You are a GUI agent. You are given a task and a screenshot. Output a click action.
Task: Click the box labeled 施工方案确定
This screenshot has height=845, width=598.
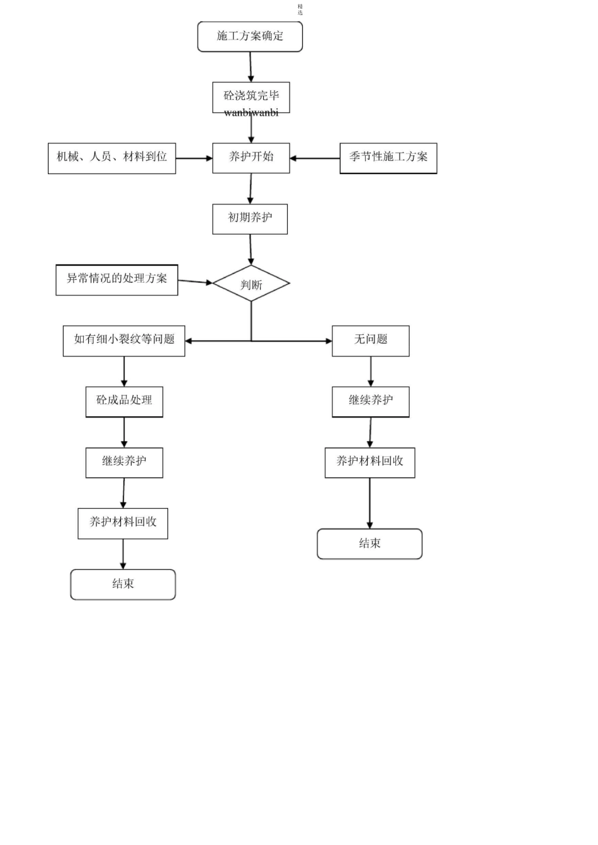250,36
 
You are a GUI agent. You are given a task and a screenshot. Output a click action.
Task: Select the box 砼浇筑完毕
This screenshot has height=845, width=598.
251,96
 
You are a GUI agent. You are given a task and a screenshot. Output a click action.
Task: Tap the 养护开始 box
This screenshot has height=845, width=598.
251,157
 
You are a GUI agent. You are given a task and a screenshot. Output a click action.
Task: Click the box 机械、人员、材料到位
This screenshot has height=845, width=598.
111,158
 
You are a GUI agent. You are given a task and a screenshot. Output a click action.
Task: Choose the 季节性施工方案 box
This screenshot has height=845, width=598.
388,158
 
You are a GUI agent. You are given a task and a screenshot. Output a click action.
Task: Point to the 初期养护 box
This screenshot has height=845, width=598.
250,218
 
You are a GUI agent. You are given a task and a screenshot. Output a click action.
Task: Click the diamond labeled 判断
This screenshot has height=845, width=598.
251,284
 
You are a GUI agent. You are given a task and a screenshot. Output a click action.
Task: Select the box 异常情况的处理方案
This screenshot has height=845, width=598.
116,279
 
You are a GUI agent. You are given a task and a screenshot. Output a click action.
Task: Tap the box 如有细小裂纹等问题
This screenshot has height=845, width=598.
124,340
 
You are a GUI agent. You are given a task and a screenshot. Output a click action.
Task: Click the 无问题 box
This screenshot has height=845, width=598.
370,340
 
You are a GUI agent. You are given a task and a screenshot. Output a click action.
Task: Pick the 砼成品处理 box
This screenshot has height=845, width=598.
124,401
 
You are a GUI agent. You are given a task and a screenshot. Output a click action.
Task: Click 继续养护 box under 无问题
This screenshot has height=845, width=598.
370,401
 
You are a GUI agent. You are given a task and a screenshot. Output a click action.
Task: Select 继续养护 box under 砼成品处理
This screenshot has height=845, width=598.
124,462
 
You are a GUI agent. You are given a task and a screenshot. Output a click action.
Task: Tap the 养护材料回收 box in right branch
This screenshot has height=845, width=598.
370,462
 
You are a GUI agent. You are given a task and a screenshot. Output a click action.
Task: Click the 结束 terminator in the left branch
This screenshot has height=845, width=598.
123,584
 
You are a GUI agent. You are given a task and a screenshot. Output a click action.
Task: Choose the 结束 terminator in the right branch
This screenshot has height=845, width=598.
370,544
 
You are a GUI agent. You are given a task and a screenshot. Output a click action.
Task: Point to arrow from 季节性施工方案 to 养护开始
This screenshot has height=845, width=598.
315,158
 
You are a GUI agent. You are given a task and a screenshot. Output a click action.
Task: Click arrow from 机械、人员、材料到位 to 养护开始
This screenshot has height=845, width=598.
194,158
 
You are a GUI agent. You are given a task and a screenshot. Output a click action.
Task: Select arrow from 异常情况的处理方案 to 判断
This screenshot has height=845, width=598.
195,282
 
